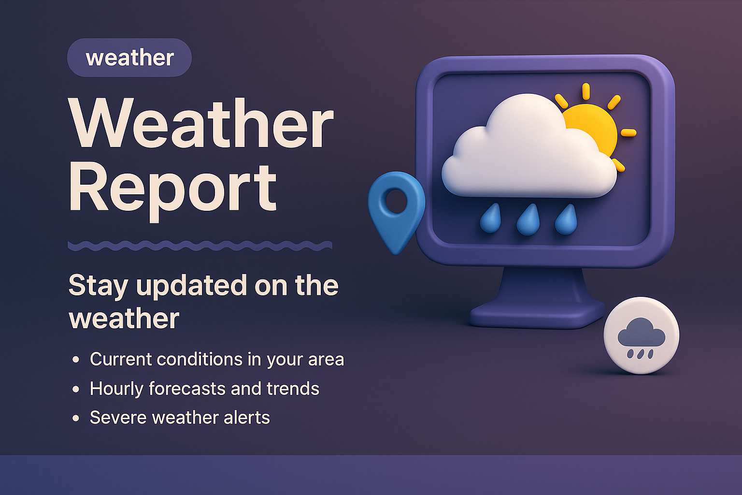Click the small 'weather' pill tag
tap(129, 58)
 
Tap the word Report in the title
tap(173, 189)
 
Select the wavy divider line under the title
tap(200, 246)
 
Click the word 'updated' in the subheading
tap(191, 286)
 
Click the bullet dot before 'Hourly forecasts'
tap(76, 389)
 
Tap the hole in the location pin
tap(396, 201)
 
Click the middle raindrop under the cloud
tap(528, 220)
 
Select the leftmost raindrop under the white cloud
tap(491, 219)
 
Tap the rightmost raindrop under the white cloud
tap(566, 220)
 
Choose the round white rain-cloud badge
tap(642, 335)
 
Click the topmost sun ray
tap(586, 91)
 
